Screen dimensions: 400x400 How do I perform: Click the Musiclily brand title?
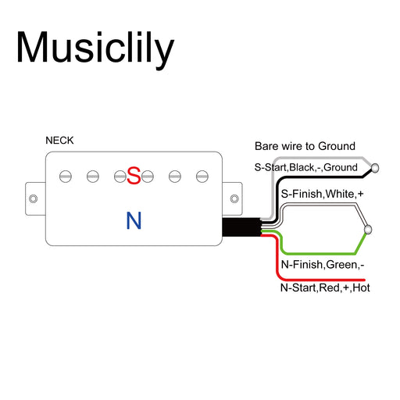pos(95,49)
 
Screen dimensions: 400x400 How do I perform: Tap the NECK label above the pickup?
pos(59,141)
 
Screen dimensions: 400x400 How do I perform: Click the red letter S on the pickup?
pos(134,176)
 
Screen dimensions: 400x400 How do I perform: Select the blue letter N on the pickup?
pos(134,220)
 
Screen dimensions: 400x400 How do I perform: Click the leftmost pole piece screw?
pos(66,177)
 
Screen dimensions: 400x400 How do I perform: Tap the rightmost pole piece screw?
pos(202,177)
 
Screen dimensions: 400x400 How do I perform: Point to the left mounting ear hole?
pos(33,198)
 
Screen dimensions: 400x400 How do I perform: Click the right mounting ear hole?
pos(234,198)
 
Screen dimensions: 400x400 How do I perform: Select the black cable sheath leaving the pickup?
pos(241,227)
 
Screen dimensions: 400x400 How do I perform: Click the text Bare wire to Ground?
pos(305,146)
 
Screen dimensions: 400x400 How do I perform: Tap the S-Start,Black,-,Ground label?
pos(305,167)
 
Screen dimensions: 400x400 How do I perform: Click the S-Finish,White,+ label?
pos(322,194)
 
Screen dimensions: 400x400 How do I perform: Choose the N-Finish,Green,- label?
pos(323,265)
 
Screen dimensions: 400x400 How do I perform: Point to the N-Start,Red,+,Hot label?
pos(325,287)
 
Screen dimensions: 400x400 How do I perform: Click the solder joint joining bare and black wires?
pos(375,168)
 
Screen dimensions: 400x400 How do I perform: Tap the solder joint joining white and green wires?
pos(368,230)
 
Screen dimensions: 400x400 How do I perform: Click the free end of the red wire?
pos(365,280)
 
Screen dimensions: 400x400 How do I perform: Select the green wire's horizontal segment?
pos(319,253)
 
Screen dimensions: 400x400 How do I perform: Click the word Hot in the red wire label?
pos(361,287)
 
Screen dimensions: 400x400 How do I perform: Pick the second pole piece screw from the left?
pos(93,177)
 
